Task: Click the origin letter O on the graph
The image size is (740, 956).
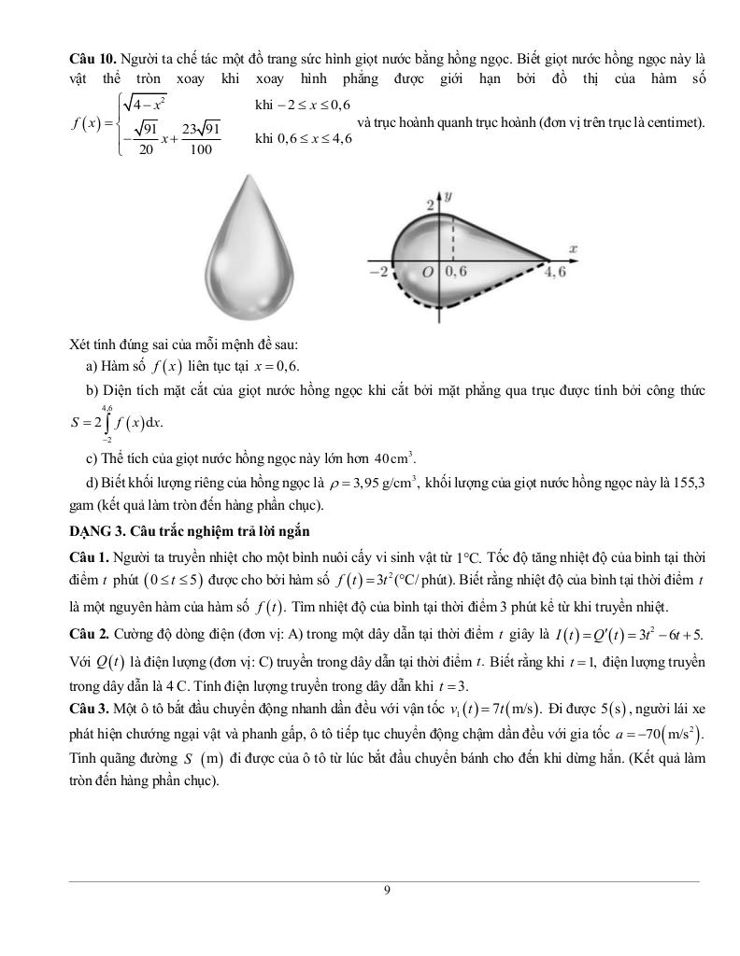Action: pos(428,273)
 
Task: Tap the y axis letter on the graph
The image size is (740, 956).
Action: pos(449,197)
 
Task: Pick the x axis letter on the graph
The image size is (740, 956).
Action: pos(572,248)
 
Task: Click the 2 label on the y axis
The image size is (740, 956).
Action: pos(431,205)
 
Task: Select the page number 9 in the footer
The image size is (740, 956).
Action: pos(387,890)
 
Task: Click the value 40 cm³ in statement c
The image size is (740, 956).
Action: pos(394,458)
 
